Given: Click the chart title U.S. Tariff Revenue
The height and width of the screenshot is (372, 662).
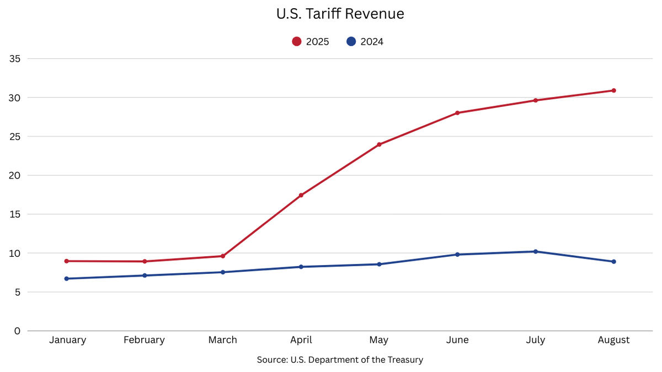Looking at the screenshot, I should pos(340,14).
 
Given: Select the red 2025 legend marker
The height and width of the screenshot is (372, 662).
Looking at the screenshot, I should pos(297,41).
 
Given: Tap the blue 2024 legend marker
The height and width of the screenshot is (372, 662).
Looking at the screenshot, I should pos(351,41).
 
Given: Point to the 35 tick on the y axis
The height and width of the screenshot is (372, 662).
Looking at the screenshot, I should pos(14,58).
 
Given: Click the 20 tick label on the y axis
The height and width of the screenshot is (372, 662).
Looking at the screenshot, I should pos(14,175).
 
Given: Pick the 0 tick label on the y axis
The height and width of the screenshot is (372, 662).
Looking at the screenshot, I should pos(17,331).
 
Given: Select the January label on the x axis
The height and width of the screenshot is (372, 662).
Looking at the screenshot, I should pos(67,340).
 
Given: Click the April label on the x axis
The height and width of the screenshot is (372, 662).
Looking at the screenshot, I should pos(301,340).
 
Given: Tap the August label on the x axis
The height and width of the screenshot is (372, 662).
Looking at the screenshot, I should pos(613,340).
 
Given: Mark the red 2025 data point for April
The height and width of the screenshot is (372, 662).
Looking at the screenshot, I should pos(301,195).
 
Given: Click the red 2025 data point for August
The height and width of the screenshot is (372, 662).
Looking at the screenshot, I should pos(613,90).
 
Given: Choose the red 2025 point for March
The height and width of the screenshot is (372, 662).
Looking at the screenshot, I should pos(223,256).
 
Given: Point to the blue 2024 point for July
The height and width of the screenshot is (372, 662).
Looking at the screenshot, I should pos(535,251).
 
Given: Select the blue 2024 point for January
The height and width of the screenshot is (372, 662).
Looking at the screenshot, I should pos(67,278).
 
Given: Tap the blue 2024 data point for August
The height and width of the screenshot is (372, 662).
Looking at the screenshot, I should pos(613,261).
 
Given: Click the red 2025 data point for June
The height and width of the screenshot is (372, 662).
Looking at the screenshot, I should pos(457,113).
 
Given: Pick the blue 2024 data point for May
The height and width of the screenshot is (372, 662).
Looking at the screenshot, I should pos(379,264).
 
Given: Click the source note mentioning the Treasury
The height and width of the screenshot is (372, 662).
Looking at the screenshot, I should pos(340,360).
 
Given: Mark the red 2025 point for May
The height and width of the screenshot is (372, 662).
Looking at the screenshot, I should pos(379,144).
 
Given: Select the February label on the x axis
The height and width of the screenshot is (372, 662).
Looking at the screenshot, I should pos(144,340).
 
